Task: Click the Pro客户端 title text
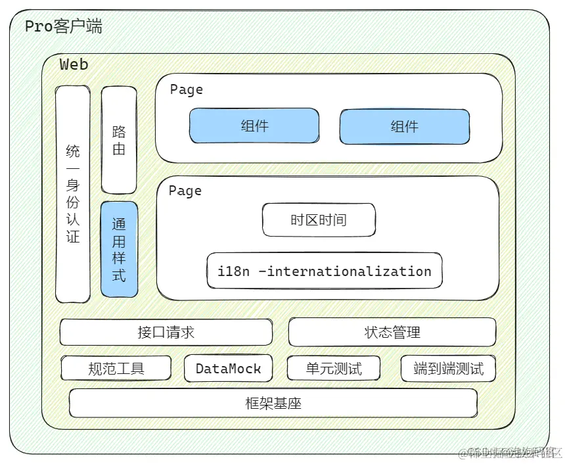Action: pos(63,27)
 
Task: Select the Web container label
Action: pos(74,64)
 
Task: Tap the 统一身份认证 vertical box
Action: pos(73,194)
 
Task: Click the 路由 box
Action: pos(119,139)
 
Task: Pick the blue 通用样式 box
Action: pos(119,249)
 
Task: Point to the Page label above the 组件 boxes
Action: pos(186,89)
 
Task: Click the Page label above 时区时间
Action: pos(185,191)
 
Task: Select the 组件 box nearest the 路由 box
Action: pos(254,126)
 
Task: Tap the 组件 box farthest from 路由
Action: pos(404,126)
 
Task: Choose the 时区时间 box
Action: pos(319,220)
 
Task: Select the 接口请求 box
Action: pos(166,332)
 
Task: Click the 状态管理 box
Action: pos(392,333)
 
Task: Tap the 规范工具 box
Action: pos(116,368)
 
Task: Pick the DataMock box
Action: pos(228,369)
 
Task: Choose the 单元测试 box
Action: pos(334,368)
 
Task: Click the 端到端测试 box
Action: pos(448,369)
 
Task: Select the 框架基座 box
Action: pos(273,403)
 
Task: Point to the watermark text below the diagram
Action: pos(512,453)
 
